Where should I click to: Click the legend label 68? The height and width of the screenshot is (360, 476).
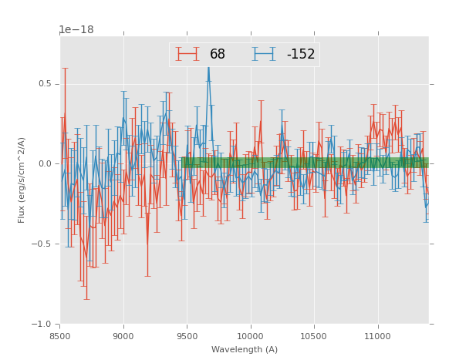(218, 54)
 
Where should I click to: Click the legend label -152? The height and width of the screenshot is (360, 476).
(301, 54)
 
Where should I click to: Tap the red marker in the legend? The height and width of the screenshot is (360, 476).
(187, 54)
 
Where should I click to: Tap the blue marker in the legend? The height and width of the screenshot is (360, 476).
(265, 54)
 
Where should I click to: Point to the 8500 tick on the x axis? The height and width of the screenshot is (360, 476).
(60, 336)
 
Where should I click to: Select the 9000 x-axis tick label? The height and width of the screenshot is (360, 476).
(123, 336)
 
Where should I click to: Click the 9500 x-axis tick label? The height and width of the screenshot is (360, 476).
(187, 336)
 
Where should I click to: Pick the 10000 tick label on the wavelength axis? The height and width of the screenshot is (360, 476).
(250, 336)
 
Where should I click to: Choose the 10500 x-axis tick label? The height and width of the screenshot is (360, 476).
(314, 336)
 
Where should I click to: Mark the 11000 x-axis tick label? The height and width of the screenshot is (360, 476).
(377, 336)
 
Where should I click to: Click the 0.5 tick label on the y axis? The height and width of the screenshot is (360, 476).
(46, 84)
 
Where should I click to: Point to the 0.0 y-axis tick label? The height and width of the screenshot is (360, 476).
(46, 164)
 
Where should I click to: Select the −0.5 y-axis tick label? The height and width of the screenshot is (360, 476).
(44, 244)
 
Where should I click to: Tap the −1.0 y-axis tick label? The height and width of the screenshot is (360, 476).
(44, 325)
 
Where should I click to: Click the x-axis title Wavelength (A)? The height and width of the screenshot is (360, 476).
(245, 349)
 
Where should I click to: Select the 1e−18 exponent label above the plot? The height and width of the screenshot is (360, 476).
(76, 30)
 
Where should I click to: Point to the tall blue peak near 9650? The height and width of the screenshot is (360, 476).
(208, 69)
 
